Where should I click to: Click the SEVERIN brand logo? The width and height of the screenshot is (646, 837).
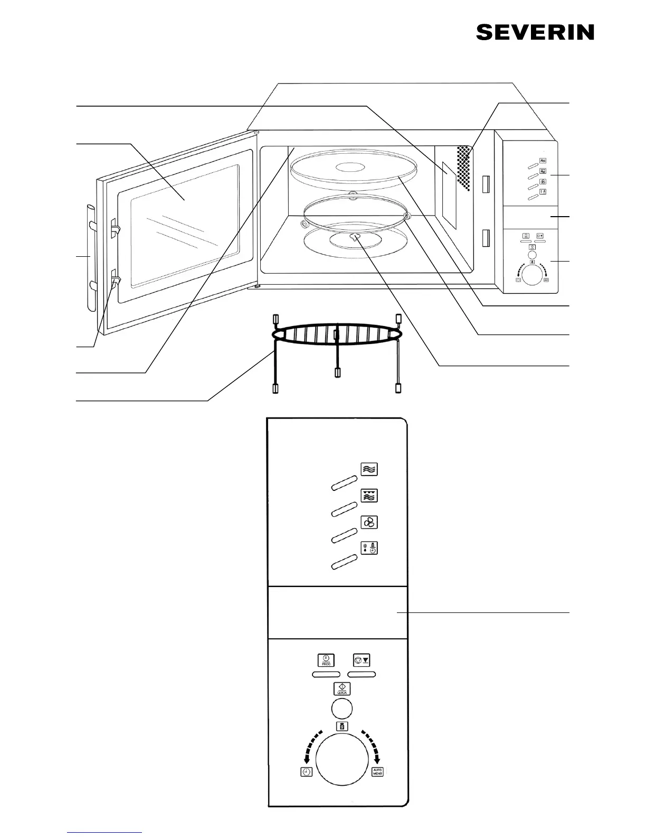coord(535,32)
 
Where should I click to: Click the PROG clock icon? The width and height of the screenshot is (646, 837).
coord(326,660)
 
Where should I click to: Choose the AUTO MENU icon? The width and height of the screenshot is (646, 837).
coord(377,771)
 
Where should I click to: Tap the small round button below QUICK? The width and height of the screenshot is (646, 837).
coord(341,709)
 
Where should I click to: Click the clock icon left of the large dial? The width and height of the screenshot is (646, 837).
coord(307,772)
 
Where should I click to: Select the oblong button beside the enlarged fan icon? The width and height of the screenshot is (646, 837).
coord(345,535)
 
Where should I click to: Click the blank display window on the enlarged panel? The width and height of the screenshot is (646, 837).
coord(337,612)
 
